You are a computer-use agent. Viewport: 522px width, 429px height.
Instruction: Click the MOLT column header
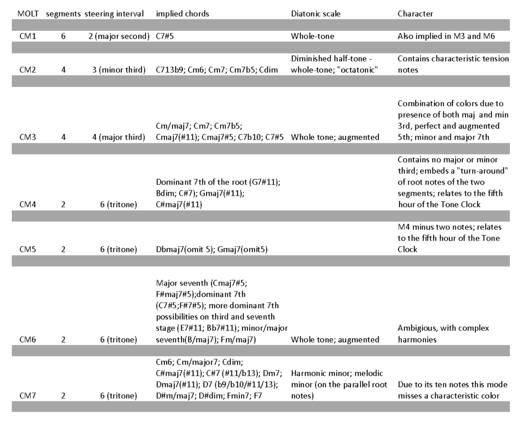28,14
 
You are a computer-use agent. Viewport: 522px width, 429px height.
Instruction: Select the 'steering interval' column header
114,14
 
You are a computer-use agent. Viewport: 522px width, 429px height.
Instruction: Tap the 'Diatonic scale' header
316,14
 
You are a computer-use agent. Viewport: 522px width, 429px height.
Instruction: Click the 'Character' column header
415,14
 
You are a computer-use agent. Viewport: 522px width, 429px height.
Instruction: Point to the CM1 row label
28,36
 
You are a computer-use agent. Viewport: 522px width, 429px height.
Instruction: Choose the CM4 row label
28,205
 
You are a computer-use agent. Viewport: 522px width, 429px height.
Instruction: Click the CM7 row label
28,396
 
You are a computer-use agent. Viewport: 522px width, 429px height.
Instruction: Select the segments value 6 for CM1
63,36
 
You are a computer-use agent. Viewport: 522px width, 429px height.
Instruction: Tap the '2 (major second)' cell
119,36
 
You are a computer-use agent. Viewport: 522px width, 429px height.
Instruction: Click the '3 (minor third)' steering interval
119,70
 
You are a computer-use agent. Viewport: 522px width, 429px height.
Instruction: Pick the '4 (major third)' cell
119,137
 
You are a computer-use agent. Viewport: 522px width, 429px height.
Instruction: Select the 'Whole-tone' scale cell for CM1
312,36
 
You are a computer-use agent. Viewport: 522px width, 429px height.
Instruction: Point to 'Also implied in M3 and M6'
446,36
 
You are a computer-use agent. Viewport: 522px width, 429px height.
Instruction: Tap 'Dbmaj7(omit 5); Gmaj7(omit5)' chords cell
212,250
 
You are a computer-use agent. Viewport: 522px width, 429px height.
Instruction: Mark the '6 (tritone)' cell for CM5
119,250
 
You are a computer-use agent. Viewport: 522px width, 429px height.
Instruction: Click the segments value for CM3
63,137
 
